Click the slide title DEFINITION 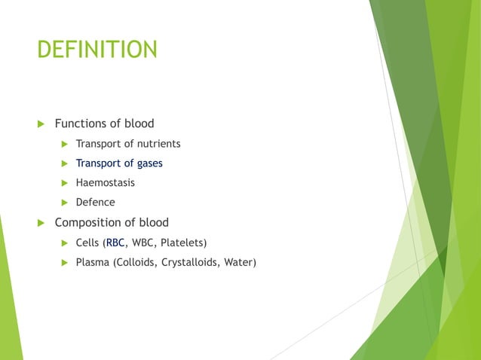[97, 50]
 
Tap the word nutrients [155, 143]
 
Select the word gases [148, 163]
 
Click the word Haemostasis [106, 182]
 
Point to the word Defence [96, 202]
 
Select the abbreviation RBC [115, 243]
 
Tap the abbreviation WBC [143, 243]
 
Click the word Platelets [182, 243]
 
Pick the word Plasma [93, 263]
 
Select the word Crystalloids [188, 263]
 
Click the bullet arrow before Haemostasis [65, 182]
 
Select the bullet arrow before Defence [65, 202]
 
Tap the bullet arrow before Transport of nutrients [65, 143]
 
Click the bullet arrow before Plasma [65, 263]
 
